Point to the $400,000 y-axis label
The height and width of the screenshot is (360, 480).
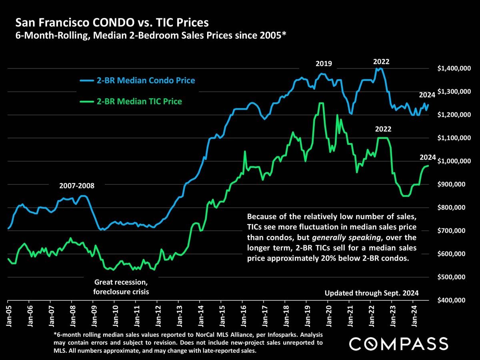pos(454,300)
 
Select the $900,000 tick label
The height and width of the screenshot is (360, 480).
pos(454,184)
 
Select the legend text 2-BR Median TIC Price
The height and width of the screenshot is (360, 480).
pos(139,102)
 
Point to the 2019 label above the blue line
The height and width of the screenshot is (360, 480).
pos(324,63)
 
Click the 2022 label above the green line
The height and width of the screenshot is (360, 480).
pos(383,130)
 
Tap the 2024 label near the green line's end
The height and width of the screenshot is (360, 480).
pos(428,157)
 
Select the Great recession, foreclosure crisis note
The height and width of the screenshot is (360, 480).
pos(121,287)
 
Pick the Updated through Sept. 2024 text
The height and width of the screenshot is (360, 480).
pos(372,293)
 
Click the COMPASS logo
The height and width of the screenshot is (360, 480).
pos(398,344)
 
